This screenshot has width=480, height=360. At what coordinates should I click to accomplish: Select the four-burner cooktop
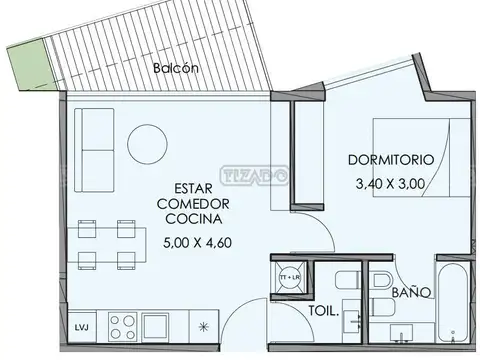coord(123,326)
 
